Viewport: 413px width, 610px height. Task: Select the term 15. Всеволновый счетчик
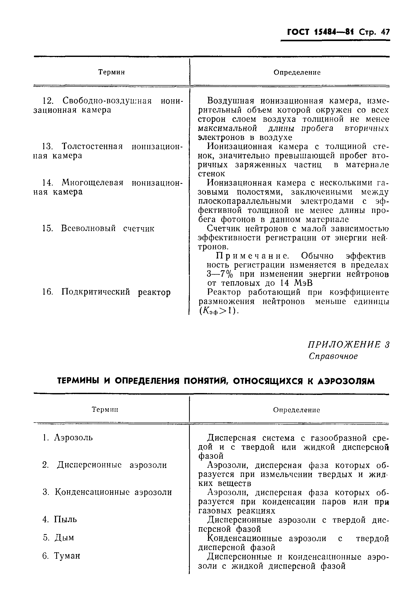pyautogui.click(x=98, y=228)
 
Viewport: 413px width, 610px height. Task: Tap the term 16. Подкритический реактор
pyautogui.click(x=107, y=292)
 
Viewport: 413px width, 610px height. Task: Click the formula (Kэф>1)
pyautogui.click(x=219, y=311)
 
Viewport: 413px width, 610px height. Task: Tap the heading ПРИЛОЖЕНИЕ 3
pyautogui.click(x=348, y=344)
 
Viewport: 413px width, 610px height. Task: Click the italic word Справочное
pyautogui.click(x=333, y=356)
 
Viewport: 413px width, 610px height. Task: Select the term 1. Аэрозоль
pyautogui.click(x=68, y=437)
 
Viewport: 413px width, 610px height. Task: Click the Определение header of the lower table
pyautogui.click(x=296, y=410)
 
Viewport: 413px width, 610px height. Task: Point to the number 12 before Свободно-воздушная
pyautogui.click(x=48, y=101)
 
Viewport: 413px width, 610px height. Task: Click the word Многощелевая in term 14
pyautogui.click(x=92, y=182)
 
